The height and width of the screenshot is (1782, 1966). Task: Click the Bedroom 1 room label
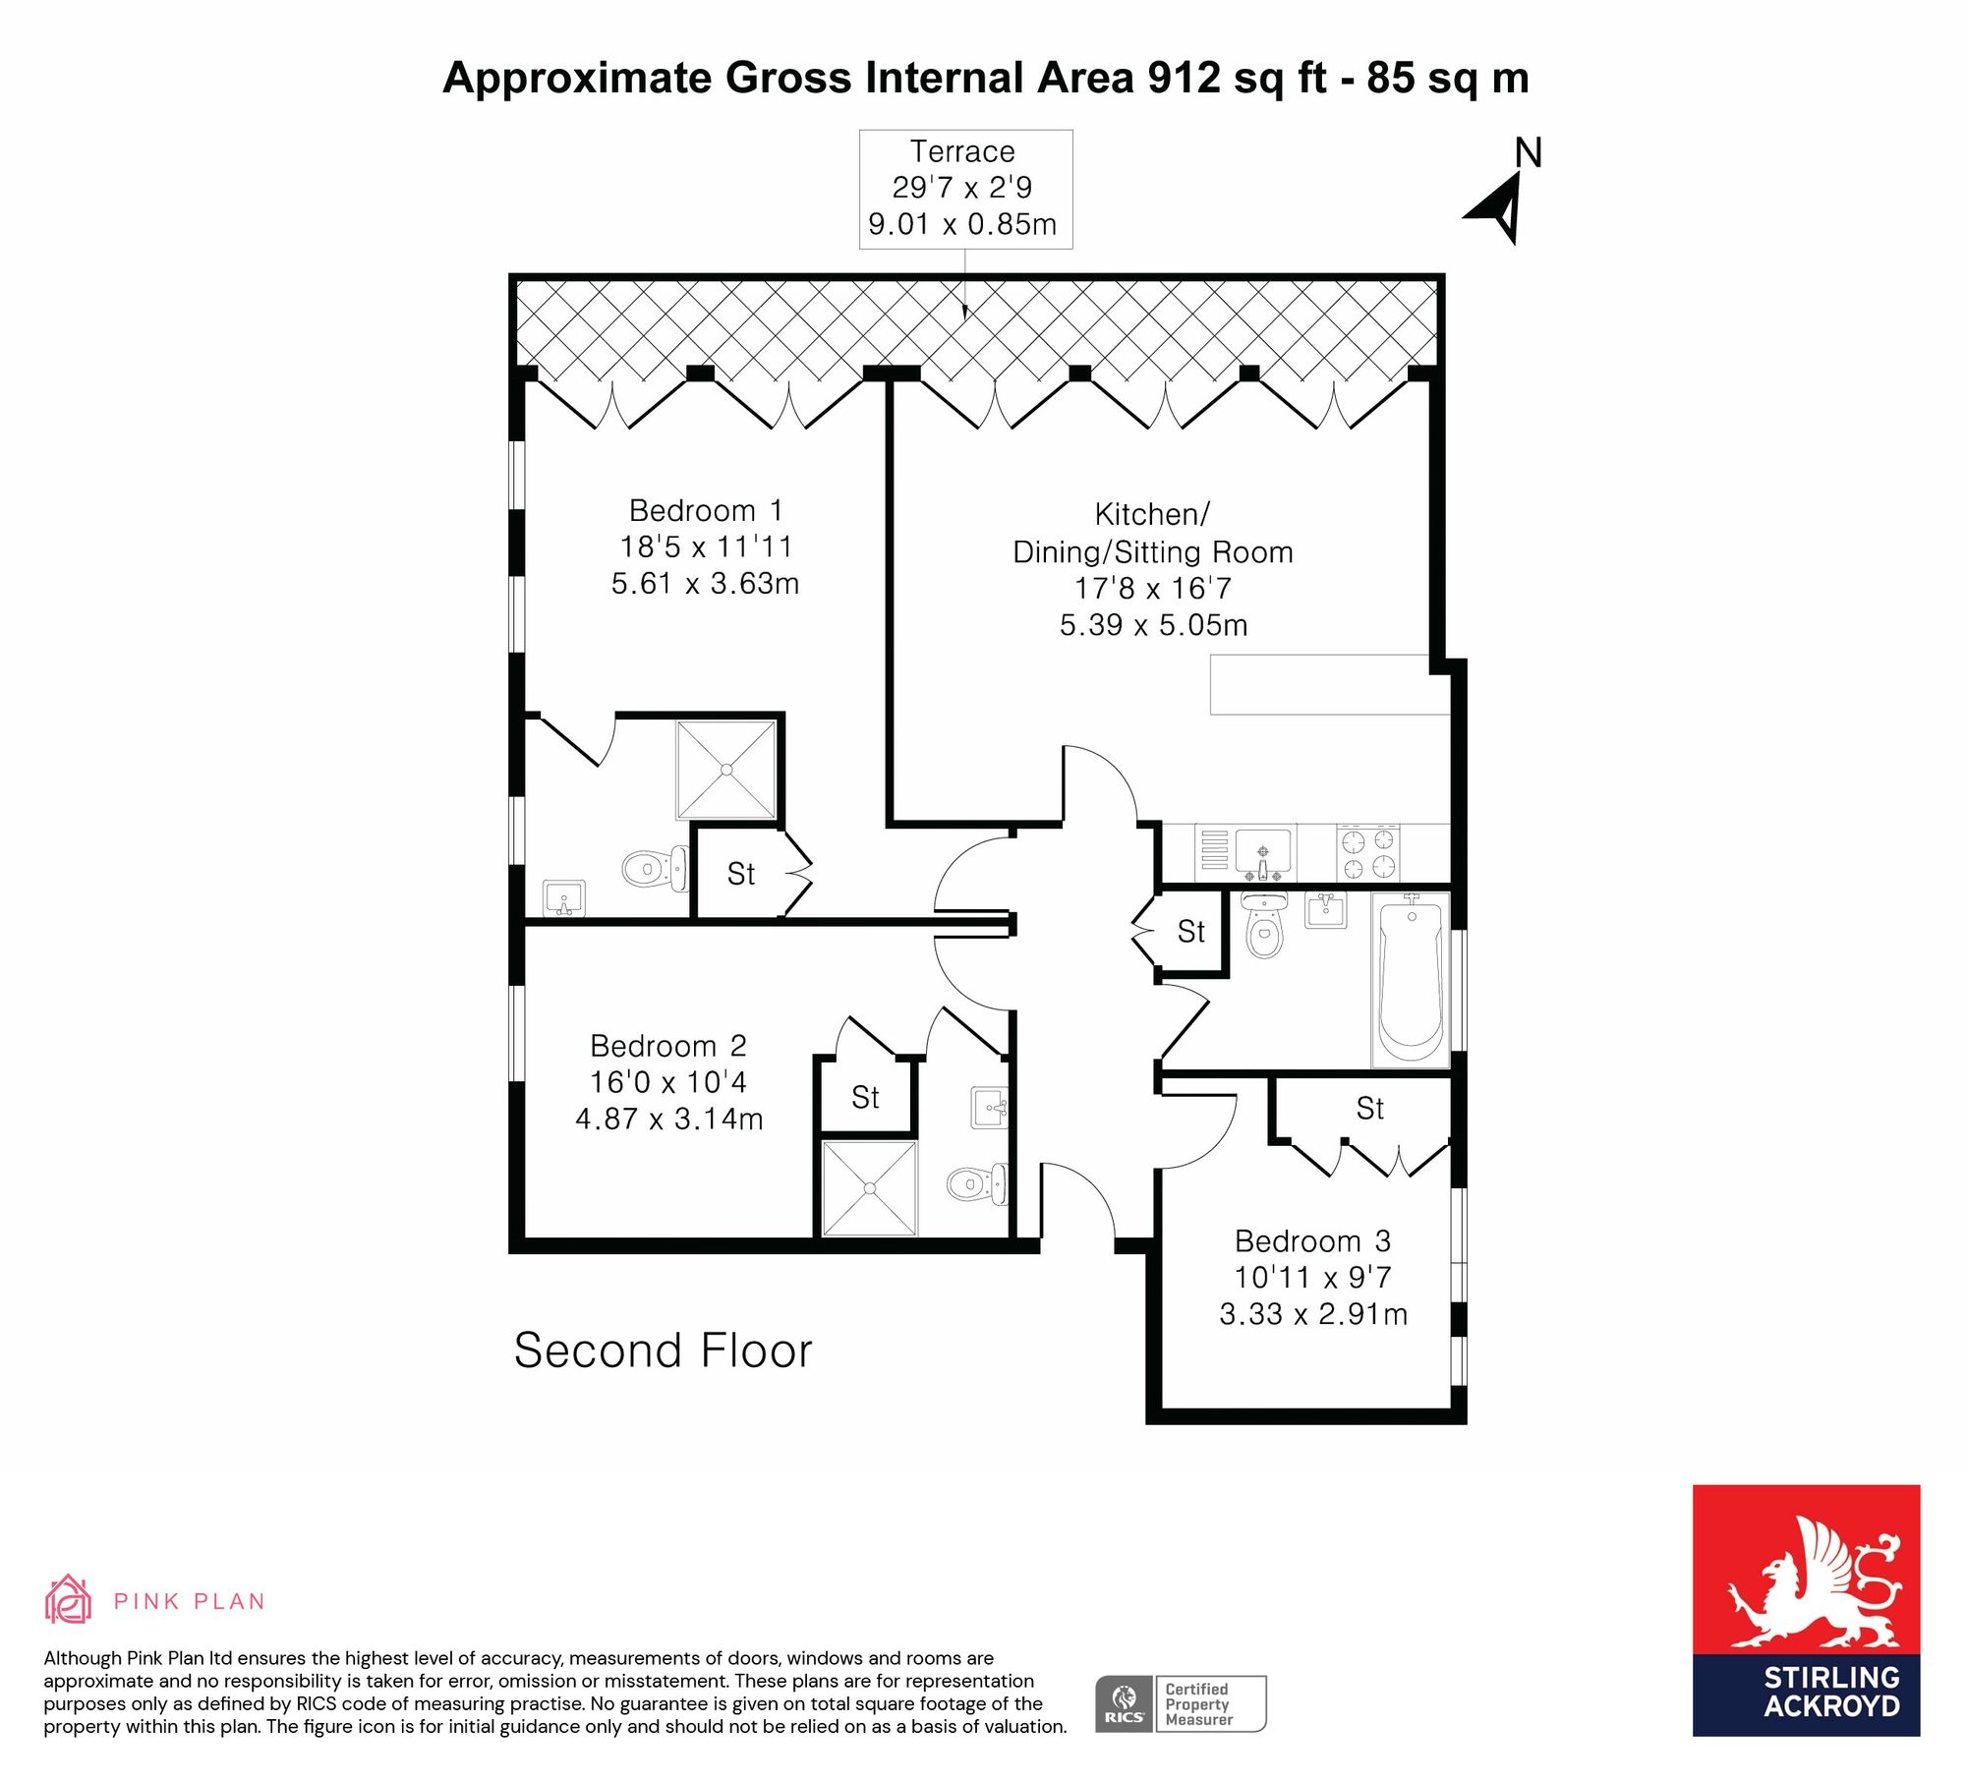706,511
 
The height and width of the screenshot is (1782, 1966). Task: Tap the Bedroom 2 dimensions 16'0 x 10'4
668,1082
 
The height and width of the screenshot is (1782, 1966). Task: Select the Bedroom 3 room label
1312,1241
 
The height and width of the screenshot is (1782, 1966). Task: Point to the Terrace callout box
965,189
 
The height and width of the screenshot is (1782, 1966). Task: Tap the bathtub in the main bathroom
1412,980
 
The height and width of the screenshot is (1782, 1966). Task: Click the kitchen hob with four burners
1368,853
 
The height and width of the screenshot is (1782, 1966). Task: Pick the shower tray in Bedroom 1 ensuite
726,770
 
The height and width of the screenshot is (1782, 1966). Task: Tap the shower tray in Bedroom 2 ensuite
870,1188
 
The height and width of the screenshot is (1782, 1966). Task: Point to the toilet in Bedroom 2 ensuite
977,1183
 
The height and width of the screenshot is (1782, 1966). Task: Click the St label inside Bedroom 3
1369,1109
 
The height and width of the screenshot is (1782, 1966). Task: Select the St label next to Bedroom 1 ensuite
741,874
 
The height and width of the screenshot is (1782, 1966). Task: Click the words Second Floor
664,1351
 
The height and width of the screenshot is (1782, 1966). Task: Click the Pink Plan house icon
68,1599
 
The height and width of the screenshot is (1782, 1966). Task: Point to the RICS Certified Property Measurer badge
1181,1704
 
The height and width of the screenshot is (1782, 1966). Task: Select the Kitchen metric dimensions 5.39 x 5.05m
1153,625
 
